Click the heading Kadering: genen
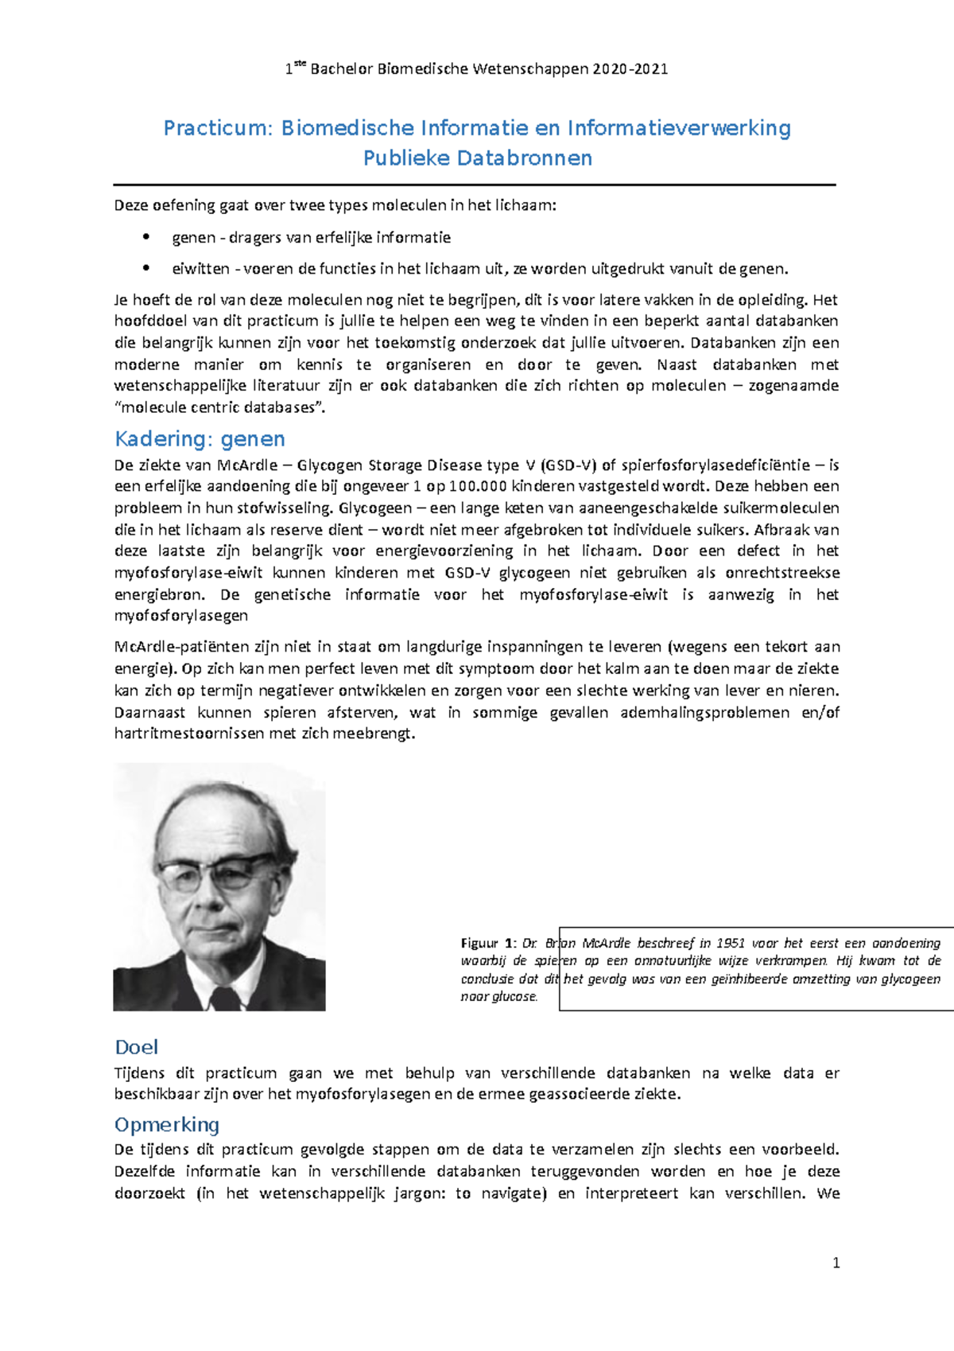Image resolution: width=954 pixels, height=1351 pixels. coord(200,439)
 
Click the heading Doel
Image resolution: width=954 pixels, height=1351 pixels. coord(136,1047)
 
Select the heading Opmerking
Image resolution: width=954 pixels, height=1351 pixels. coord(167,1124)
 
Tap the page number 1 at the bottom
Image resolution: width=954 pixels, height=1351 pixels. coord(836,1263)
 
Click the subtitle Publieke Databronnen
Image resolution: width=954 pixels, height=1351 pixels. coord(477,158)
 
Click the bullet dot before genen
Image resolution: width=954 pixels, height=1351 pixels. coord(145,237)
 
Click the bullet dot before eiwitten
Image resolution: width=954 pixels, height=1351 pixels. coord(145,268)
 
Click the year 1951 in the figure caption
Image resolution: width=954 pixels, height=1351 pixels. coord(730,943)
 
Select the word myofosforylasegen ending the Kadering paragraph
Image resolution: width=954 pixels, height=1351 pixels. coord(181,615)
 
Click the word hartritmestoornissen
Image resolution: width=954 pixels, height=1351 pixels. coord(189,734)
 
